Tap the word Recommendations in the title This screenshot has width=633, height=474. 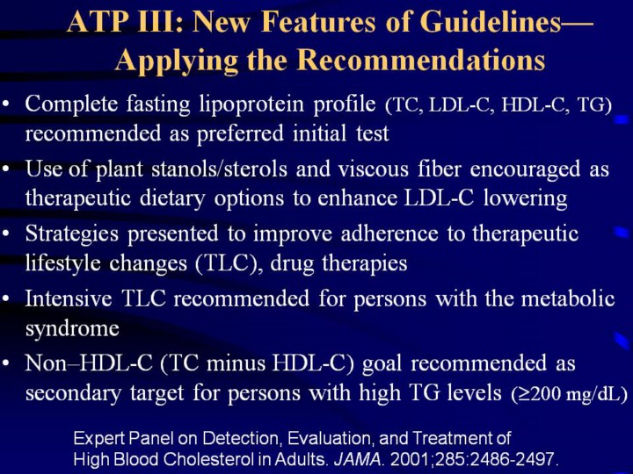coord(421,61)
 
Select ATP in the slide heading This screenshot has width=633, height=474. coord(96,21)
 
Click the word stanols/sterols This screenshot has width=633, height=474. coord(219,169)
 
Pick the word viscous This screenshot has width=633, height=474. coord(374,169)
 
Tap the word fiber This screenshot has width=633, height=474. coord(439,169)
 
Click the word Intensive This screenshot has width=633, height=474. coord(69,298)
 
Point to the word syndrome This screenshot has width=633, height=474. coord(72,329)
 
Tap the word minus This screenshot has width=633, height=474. coord(235,363)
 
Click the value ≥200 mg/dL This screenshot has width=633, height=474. coord(569,394)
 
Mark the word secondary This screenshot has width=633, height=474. coord(73,393)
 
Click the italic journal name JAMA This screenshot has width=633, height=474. coord(357,459)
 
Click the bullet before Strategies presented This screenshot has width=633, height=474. coord(5,233)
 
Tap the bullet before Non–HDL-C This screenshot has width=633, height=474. coord(5,363)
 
